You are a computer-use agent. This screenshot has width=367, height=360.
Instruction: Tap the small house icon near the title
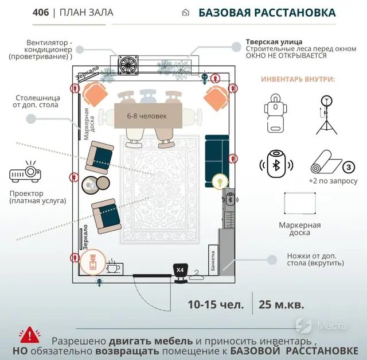185,13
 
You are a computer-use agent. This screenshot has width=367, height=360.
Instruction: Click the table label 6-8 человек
147,116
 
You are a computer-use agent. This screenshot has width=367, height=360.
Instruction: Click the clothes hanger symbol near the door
197,276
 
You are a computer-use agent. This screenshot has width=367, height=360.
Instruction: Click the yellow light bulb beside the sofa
218,181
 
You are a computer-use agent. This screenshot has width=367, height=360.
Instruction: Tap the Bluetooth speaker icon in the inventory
276,163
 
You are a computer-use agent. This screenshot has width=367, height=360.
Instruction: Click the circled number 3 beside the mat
348,168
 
